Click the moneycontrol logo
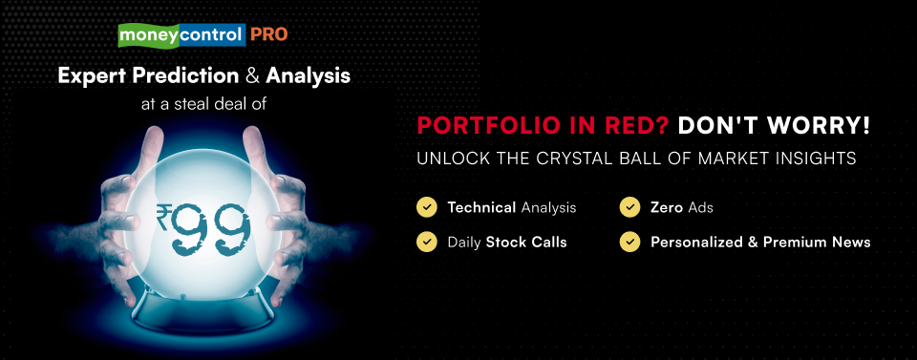pyautogui.click(x=181, y=35)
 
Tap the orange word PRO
pyautogui.click(x=269, y=35)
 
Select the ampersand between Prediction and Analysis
pyautogui.click(x=252, y=76)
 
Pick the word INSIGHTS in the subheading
pyautogui.click(x=814, y=159)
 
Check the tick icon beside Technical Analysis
pyautogui.click(x=427, y=207)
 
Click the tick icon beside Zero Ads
pyautogui.click(x=629, y=207)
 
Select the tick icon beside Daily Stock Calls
pyautogui.click(x=427, y=242)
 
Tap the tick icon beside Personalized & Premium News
pyautogui.click(x=629, y=242)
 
